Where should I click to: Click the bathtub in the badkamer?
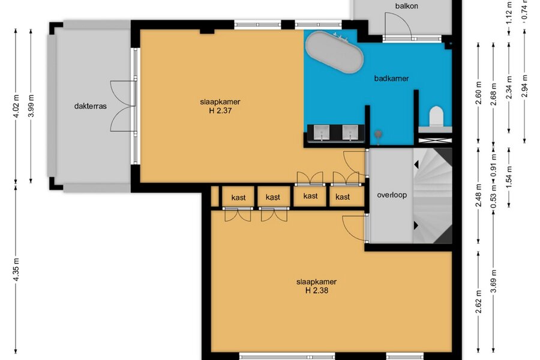pos(334,52)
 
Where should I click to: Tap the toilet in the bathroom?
pos(436,116)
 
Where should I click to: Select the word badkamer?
pos(391,79)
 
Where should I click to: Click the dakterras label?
pos(90,106)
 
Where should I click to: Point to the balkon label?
pos(406,6)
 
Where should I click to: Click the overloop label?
pos(392,195)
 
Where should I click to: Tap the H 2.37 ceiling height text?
pos(220,110)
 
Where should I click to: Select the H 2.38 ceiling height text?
pos(316,290)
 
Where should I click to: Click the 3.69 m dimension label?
pos(494,281)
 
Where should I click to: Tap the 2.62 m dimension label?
pos(478,302)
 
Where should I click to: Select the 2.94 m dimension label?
pos(524,86)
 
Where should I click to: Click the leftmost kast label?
pos(238,197)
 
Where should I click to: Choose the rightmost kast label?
pos(343,197)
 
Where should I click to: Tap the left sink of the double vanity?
pos(322,133)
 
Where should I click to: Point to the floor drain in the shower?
pos(378,134)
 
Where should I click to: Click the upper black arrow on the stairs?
pos(416,164)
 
